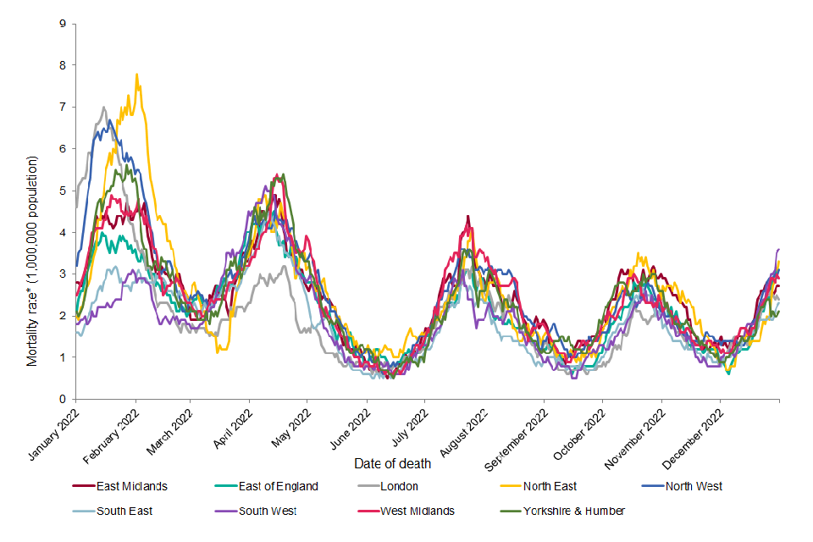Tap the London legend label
[x=400, y=486]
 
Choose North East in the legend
[x=549, y=486]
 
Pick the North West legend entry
[x=694, y=486]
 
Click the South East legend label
[x=125, y=511]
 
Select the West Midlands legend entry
[x=417, y=511]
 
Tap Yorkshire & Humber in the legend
[x=573, y=511]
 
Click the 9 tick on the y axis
[x=63, y=23]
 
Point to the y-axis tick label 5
[x=63, y=191]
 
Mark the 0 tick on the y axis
[x=63, y=399]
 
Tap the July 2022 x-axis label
[x=408, y=429]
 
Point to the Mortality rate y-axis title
[x=33, y=261]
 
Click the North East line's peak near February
[x=136, y=74]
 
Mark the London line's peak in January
[x=103, y=107]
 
